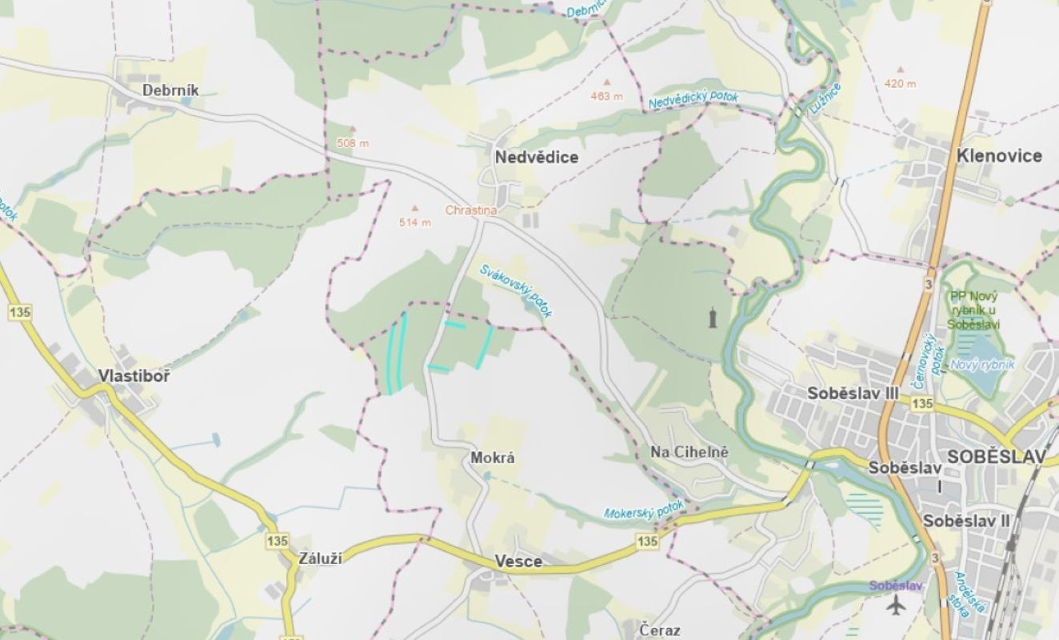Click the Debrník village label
[170, 90]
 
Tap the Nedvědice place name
[536, 158]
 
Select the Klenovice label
[999, 156]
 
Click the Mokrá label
[492, 458]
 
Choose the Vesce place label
[518, 562]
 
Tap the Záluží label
[320, 558]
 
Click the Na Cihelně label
[689, 452]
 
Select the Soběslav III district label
[853, 393]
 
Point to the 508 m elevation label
[352, 143]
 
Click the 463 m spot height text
[606, 97]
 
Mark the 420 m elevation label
[900, 83]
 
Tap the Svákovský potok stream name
[516, 290]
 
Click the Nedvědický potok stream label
[693, 100]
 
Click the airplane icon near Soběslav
[897, 606]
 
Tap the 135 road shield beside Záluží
[277, 541]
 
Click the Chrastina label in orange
[471, 210]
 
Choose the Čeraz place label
[660, 630]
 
